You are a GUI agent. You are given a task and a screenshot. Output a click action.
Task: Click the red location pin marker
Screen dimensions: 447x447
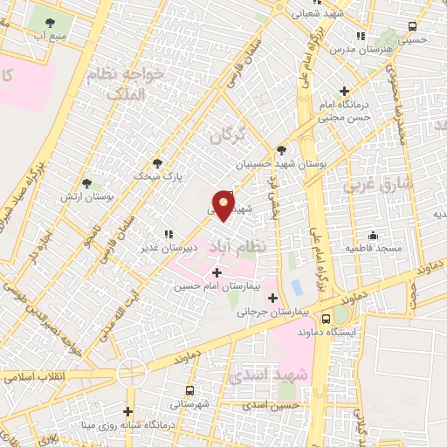[x=224, y=205]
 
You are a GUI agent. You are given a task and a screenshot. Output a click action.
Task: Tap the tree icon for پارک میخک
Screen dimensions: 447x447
[x=157, y=162]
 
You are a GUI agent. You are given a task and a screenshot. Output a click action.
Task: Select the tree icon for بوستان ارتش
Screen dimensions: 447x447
[x=86, y=183]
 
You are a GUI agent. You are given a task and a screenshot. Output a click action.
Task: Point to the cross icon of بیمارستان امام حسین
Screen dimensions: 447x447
[x=217, y=273]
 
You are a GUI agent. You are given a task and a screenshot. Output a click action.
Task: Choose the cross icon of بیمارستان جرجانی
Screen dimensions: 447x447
[x=272, y=298]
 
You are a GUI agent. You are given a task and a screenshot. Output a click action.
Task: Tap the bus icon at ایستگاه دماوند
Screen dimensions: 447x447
[x=326, y=319]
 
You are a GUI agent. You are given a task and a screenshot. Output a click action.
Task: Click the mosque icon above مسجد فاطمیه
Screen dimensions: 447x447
[x=374, y=235]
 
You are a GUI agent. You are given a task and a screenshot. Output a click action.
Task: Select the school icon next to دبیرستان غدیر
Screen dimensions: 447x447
[x=168, y=234]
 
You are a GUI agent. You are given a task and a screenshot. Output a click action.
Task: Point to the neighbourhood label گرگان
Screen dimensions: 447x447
[x=228, y=136]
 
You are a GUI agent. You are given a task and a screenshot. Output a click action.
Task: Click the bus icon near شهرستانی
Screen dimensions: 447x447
[x=189, y=391]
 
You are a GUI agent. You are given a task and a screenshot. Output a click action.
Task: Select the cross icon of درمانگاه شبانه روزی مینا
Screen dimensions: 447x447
[x=128, y=412]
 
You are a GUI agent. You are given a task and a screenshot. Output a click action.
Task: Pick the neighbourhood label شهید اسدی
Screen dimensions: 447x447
[x=279, y=375]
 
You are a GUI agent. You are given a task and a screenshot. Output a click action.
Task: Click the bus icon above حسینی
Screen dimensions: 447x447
[x=413, y=26]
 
